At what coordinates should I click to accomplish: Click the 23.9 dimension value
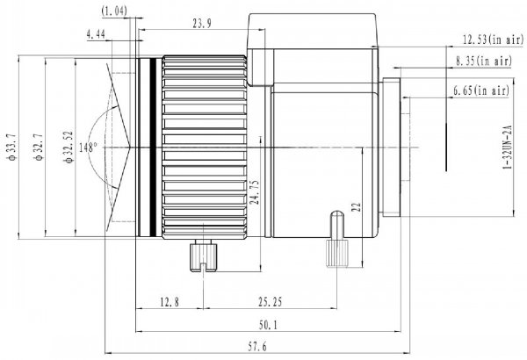point(202,23)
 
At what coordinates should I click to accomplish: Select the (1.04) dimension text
point(114,11)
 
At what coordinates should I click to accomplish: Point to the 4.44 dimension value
point(96,34)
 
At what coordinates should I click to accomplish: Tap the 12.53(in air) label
point(493,40)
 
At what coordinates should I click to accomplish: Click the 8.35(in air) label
point(484,61)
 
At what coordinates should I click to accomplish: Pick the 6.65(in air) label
point(481,90)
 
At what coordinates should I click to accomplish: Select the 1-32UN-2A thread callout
point(507,148)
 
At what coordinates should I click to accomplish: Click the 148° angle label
point(88,148)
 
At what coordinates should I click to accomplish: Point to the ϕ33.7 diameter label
point(11,147)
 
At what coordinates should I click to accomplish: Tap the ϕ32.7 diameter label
point(39,147)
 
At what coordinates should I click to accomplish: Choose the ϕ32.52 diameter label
point(69,147)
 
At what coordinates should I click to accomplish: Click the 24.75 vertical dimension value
point(255,192)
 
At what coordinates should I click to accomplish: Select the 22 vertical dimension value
point(356,206)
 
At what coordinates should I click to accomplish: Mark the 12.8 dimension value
point(170,302)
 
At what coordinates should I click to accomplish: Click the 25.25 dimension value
point(271,302)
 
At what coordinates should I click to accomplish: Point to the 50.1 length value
point(268,325)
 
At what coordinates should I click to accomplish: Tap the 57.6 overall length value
point(257,347)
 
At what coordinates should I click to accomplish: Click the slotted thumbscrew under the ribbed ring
point(204,256)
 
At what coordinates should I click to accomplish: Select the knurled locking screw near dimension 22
point(336,240)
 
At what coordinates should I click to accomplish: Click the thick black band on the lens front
point(153,148)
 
